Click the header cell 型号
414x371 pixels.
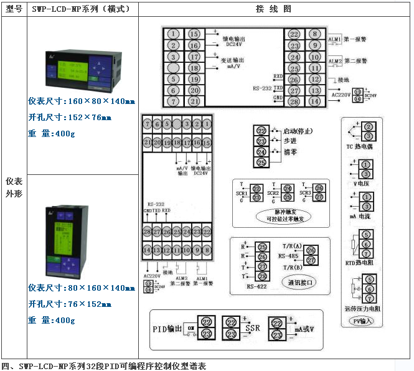coord(14,9)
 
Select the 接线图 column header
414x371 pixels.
coord(274,9)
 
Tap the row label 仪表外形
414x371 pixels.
coord(14,187)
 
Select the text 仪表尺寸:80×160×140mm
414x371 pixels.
coord(82,288)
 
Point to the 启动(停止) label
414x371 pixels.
coord(298,131)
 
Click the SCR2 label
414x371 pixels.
coord(273,194)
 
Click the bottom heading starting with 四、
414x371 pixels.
coord(103,365)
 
